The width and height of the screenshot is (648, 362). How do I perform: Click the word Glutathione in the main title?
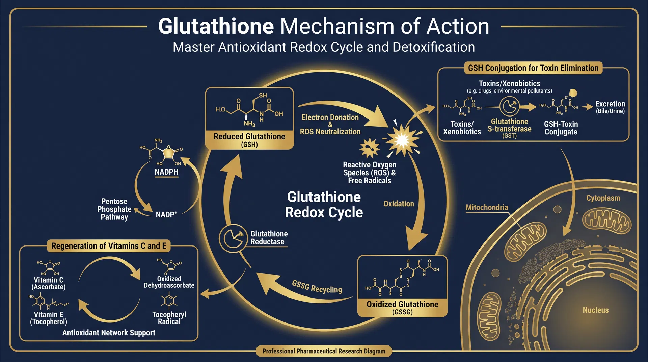(216, 26)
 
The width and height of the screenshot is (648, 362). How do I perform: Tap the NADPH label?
(166, 172)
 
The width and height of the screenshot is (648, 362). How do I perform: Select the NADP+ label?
(166, 214)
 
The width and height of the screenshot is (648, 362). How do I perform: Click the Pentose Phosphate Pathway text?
(114, 209)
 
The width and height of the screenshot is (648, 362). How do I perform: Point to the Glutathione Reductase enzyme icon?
(233, 238)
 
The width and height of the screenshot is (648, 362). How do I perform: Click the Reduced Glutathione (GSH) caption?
(249, 140)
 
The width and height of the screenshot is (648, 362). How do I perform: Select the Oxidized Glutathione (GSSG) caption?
(402, 307)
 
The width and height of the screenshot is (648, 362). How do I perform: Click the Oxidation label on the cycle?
(399, 204)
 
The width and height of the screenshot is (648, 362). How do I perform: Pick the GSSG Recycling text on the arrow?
(317, 287)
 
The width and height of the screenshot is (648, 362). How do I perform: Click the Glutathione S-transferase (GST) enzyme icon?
(509, 107)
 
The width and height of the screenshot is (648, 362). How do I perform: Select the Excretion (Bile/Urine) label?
(610, 107)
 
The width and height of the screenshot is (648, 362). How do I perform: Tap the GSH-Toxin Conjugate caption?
(561, 128)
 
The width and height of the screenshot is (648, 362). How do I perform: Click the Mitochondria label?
(487, 207)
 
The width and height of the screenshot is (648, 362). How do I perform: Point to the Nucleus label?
(595, 310)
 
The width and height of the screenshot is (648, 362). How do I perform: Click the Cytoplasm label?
(603, 198)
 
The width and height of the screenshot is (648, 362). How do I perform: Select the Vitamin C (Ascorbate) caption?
(49, 283)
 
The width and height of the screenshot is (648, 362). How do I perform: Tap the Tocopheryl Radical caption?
(169, 318)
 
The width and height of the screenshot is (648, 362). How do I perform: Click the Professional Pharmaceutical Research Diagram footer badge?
(324, 351)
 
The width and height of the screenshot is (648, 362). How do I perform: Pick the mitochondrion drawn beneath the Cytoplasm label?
(606, 221)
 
